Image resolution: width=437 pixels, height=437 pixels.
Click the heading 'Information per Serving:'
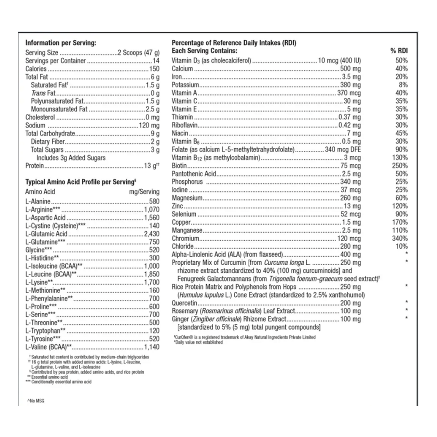pos(60,43)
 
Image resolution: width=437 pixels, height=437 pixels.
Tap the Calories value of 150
pos(154,69)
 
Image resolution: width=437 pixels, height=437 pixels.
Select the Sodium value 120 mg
pos(149,125)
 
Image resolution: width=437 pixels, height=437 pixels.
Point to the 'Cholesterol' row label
pos(40,117)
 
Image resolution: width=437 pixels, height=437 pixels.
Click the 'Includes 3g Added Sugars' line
pos(71,157)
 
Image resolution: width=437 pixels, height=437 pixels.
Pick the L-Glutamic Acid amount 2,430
pos(151,233)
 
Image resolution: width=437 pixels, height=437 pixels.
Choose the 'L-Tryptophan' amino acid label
pos(43,331)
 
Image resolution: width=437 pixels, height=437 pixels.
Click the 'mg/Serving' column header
pos(145,191)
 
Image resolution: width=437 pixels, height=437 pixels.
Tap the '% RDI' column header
pos(399,51)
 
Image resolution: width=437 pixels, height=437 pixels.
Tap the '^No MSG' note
pos(36,400)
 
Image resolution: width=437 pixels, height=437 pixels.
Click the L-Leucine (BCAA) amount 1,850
pos(151,274)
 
